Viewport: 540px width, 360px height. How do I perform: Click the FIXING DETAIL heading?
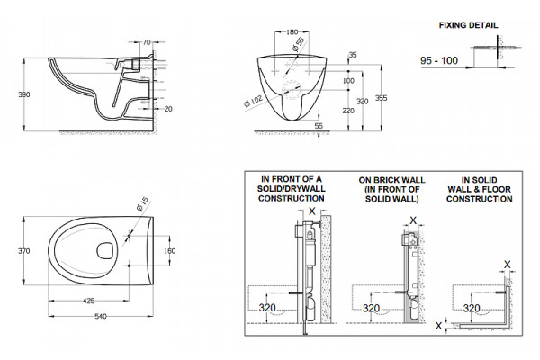tap(468, 25)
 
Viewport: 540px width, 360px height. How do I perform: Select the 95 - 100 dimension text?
tap(439, 60)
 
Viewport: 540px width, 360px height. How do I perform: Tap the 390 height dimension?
tap(24, 94)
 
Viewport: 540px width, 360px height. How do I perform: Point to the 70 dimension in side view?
tap(147, 42)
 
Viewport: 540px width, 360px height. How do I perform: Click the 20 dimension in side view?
tap(168, 109)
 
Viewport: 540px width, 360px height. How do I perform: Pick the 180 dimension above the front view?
tap(292, 32)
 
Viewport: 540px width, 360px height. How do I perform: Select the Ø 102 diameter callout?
tap(253, 101)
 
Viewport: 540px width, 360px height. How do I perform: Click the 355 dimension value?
tap(382, 98)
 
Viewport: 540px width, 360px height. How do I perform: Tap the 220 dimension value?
tap(348, 111)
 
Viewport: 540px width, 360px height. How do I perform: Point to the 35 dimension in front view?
tap(353, 55)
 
